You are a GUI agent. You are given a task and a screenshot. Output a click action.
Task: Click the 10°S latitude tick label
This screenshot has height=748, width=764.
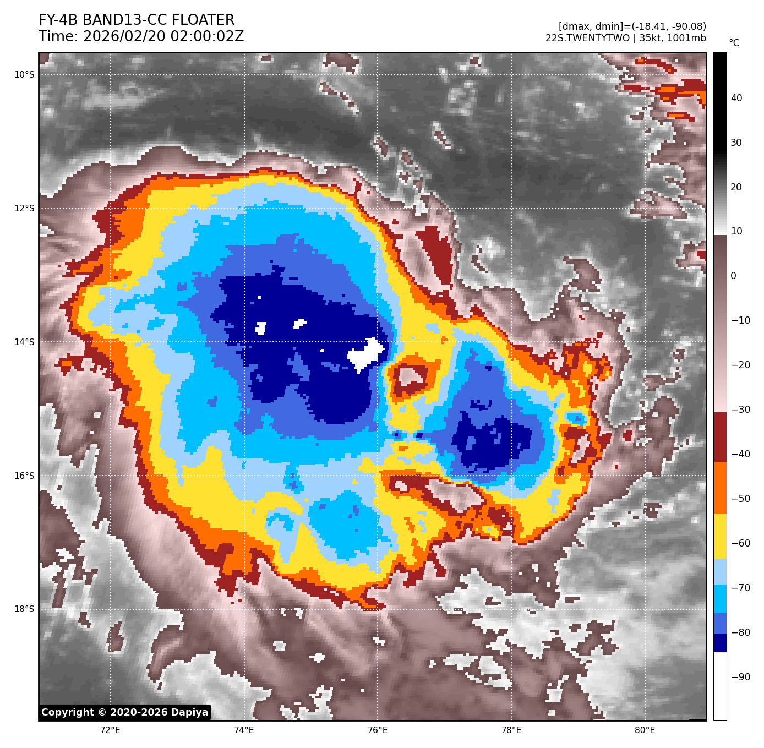pyautogui.click(x=24, y=75)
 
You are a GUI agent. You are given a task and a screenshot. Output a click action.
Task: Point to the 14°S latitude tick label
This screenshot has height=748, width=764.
pyautogui.click(x=24, y=342)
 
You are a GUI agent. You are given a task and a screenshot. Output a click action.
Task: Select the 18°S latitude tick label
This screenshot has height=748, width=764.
pyautogui.click(x=24, y=609)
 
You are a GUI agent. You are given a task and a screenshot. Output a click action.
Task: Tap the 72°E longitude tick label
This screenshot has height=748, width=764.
pyautogui.click(x=111, y=730)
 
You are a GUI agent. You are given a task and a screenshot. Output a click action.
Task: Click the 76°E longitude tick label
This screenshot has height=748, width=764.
pyautogui.click(x=378, y=730)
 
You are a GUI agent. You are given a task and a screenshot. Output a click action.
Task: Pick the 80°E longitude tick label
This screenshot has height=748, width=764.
pyautogui.click(x=645, y=730)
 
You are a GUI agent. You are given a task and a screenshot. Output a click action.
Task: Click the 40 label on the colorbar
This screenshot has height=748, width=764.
pyautogui.click(x=736, y=99)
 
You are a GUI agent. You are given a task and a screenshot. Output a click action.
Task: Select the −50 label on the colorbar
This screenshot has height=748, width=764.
pyautogui.click(x=740, y=499)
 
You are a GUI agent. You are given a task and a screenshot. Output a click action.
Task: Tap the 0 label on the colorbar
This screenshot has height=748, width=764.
pyautogui.click(x=733, y=276)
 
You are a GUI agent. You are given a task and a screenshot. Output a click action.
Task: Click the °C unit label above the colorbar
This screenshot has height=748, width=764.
pyautogui.click(x=734, y=43)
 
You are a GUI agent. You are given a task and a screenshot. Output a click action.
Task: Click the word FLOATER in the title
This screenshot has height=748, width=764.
pyautogui.click(x=203, y=20)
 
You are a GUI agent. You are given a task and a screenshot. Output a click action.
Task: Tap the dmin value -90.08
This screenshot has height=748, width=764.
pyautogui.click(x=685, y=26)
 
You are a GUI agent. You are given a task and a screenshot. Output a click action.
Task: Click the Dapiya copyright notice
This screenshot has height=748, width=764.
pyautogui.click(x=125, y=712)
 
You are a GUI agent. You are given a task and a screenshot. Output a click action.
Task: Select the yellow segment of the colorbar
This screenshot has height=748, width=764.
pyautogui.click(x=720, y=537)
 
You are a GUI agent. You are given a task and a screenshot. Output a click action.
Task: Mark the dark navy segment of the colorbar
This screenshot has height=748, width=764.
pyautogui.click(x=720, y=643)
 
